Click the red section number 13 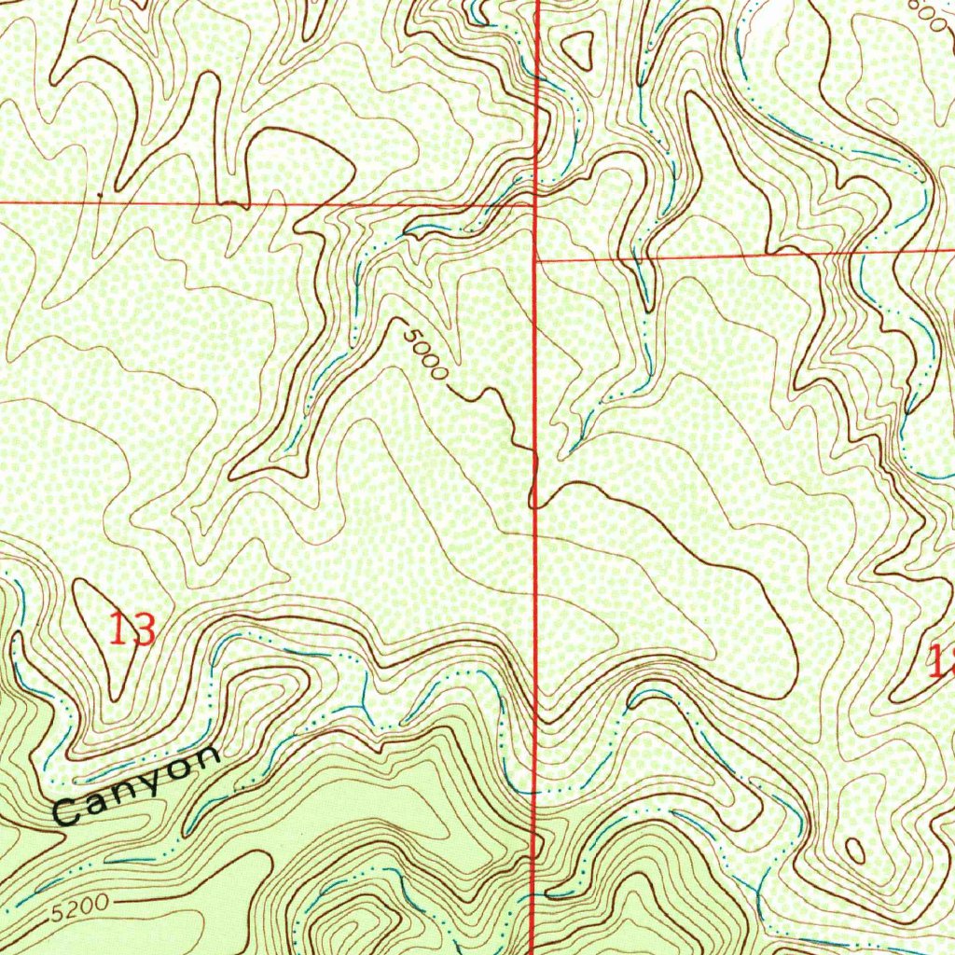pyautogui.click(x=131, y=630)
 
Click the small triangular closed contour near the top pyautogui.click(x=578, y=48)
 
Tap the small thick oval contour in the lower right pyautogui.click(x=854, y=850)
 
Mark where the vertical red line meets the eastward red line pyautogui.click(x=534, y=260)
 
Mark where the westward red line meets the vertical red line pyautogui.click(x=534, y=201)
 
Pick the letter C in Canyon pyautogui.click(x=67, y=810)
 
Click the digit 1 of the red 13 pyautogui.click(x=118, y=630)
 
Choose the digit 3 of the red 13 pyautogui.click(x=143, y=630)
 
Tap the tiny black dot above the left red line pyautogui.click(x=99, y=194)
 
